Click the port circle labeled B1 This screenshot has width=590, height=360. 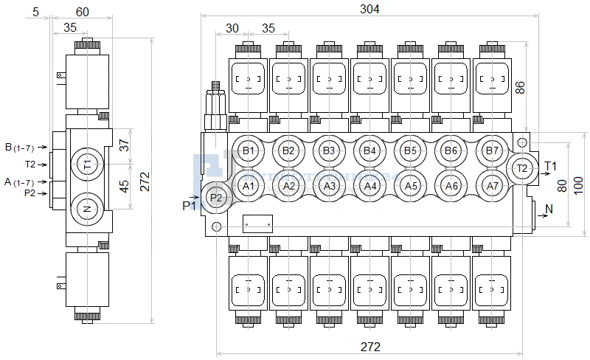point(249,151)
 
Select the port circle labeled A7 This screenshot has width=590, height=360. point(493,186)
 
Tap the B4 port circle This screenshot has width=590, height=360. point(370,151)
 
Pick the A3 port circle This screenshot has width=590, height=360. point(330,186)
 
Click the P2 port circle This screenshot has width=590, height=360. point(216,198)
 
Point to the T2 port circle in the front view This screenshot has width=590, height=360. point(522,167)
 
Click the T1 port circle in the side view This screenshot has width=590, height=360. point(87,162)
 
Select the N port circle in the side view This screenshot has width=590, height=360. point(87,209)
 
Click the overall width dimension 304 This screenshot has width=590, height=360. point(369,10)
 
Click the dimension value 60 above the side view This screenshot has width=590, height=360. point(83,12)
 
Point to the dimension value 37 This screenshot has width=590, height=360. point(124,145)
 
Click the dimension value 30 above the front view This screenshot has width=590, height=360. point(232,28)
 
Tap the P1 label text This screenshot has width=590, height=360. point(190,206)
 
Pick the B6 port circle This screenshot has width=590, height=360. point(452,151)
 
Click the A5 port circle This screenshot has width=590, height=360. point(412,186)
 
